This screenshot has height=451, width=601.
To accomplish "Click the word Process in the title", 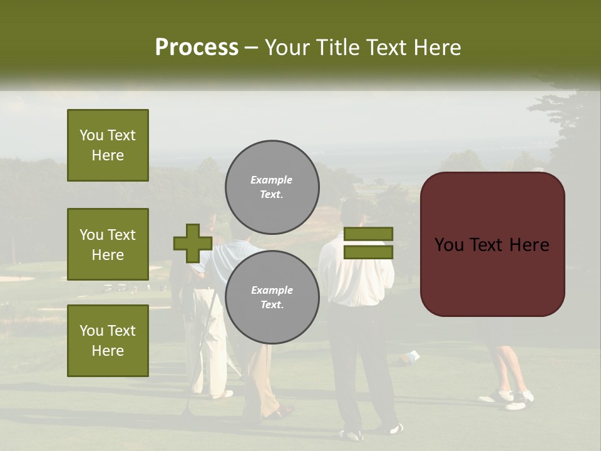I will (x=197, y=48).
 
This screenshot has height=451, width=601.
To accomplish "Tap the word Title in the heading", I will (x=337, y=48).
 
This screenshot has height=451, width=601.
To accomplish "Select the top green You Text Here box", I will (x=108, y=145).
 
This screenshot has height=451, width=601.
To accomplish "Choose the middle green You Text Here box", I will (x=108, y=244).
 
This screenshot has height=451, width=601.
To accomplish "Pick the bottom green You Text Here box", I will (x=108, y=340).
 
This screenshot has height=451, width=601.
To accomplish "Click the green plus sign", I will (x=193, y=243).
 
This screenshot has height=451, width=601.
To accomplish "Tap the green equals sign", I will (x=368, y=243).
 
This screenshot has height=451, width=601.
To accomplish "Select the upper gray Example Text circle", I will (x=272, y=187).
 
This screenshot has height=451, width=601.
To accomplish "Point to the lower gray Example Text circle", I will (x=272, y=297).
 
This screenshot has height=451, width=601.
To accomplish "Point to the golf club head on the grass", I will (x=187, y=413).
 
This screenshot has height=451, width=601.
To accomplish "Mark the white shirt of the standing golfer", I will (x=356, y=276).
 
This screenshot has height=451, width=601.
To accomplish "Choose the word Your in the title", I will (x=289, y=48).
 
